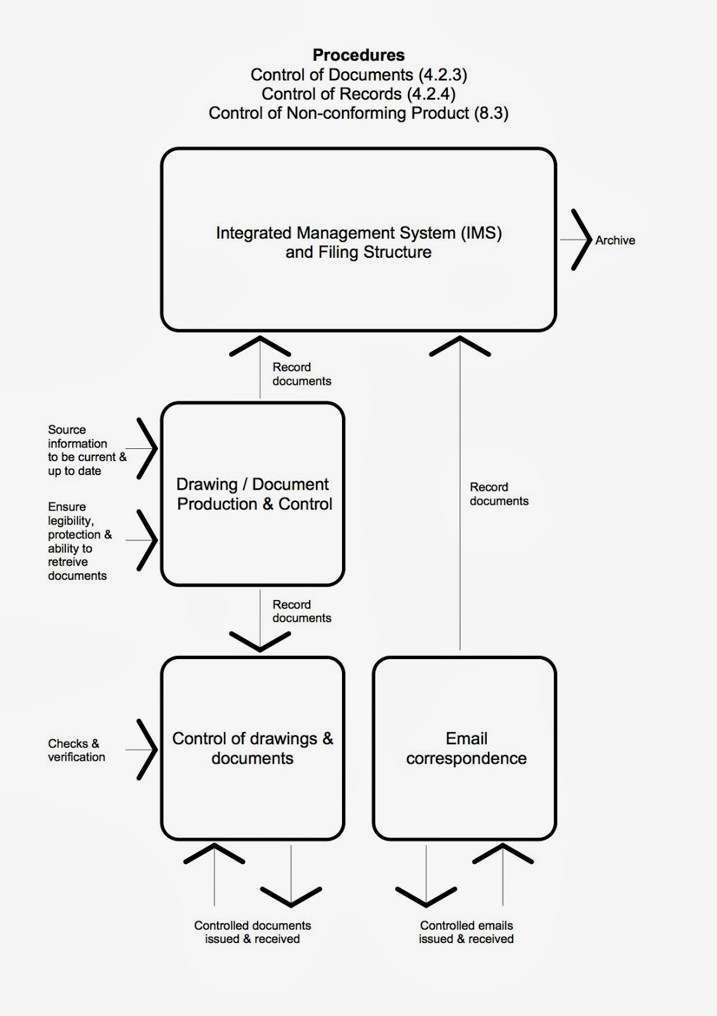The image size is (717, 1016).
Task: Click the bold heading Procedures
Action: click(x=359, y=55)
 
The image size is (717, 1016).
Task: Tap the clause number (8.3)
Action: click(x=491, y=113)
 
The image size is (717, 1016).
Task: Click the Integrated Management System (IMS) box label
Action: click(x=359, y=243)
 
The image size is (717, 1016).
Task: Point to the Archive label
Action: click(x=615, y=241)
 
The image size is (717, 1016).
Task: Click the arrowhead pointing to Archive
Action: click(x=581, y=240)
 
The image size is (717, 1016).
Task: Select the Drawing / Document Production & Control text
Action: click(x=254, y=494)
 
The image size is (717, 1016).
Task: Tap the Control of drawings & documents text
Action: click(x=253, y=748)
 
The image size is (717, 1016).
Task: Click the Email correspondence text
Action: click(x=466, y=748)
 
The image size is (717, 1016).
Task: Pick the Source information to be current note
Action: click(x=86, y=450)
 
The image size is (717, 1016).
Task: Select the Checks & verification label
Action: click(x=76, y=750)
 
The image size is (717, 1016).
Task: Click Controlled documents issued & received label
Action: click(x=253, y=932)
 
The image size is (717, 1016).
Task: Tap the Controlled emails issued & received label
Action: click(x=466, y=932)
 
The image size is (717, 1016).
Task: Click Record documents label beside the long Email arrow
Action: click(x=499, y=494)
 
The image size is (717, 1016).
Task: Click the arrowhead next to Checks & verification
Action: click(x=147, y=750)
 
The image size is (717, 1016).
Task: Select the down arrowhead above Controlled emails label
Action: click(x=426, y=897)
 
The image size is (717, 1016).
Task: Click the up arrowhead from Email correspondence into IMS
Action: click(x=460, y=346)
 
